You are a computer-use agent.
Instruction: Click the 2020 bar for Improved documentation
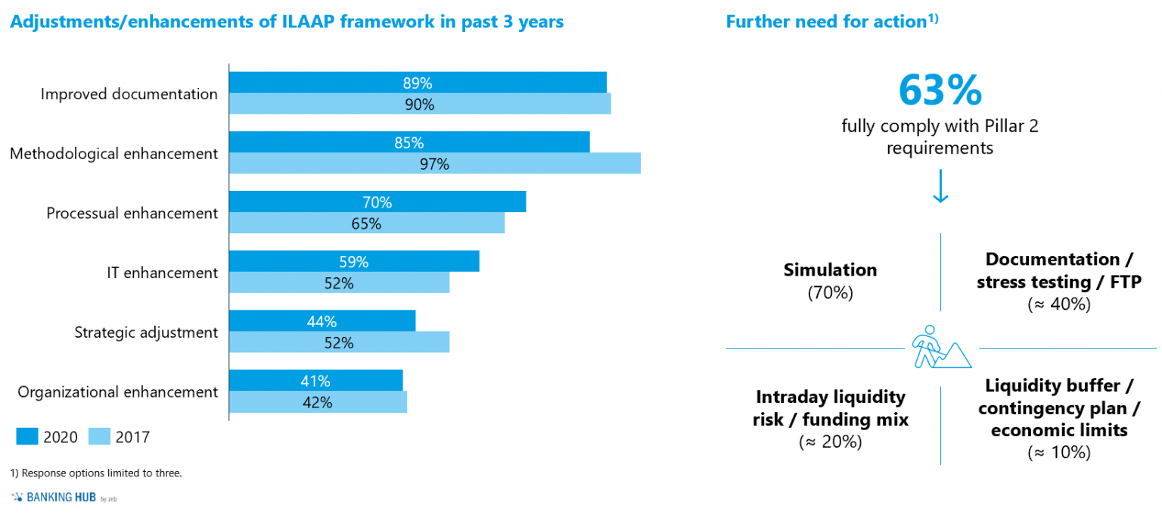tap(418, 83)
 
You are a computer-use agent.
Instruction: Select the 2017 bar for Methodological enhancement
tap(434, 164)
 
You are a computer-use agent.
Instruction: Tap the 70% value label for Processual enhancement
tap(377, 202)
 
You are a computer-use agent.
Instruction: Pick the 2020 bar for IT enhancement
tap(353, 261)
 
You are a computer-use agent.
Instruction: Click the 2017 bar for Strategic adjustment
tap(339, 342)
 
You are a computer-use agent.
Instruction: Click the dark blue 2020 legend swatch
tap(27, 436)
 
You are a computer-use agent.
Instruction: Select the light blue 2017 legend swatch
tap(100, 436)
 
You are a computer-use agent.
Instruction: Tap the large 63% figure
tap(940, 90)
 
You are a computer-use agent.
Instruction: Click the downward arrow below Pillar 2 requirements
tap(940, 186)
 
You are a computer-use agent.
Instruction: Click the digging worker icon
tap(940, 348)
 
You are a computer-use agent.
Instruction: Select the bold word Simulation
tap(830, 270)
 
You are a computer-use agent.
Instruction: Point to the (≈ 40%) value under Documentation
tap(1058, 304)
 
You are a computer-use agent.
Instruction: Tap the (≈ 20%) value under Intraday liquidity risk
tap(830, 442)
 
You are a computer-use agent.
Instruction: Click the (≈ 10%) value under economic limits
tap(1058, 453)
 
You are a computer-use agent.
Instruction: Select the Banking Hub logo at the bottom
tap(64, 498)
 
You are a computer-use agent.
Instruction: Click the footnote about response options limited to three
tap(96, 473)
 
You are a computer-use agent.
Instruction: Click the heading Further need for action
tap(826, 21)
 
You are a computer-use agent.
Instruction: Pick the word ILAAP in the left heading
tap(311, 21)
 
